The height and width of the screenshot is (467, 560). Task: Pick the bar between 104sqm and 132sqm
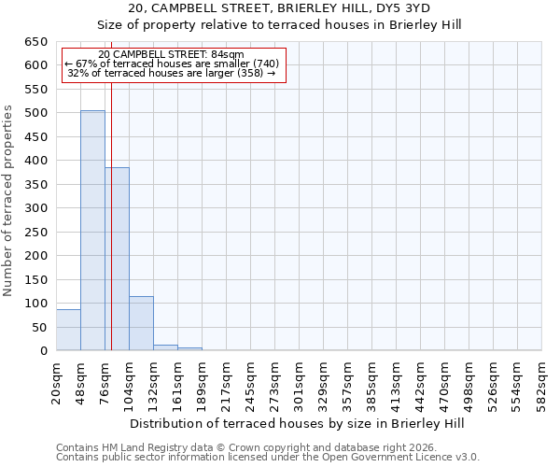pos(141,323)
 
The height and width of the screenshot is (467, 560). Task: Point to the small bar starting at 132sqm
pos(165,347)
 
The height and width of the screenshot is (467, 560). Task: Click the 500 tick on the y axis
pos(36,113)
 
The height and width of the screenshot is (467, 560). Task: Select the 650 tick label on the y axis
pos(36,42)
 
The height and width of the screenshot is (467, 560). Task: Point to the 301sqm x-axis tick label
pos(300,383)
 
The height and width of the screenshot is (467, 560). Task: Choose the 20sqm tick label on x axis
pos(57,383)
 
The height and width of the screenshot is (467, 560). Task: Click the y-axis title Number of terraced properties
pos(9,201)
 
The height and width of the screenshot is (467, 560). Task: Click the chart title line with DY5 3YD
pos(279,8)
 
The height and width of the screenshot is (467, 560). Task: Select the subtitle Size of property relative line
pos(279,24)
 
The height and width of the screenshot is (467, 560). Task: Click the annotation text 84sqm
pos(171,54)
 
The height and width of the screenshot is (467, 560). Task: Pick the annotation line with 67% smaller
pos(172,64)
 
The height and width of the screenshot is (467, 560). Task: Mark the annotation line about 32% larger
pos(172,73)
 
